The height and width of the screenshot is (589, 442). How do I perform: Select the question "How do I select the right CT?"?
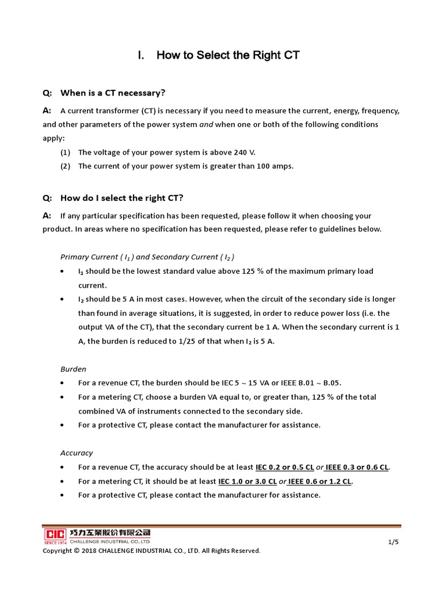coord(121,198)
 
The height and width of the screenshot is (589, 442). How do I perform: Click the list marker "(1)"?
coord(65,152)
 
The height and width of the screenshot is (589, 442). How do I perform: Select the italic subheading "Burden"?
coord(73,369)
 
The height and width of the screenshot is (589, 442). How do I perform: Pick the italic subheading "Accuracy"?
coord(77,453)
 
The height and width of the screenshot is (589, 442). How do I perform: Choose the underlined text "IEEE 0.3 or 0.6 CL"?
coord(357,467)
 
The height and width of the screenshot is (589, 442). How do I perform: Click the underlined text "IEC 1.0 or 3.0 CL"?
coord(247,481)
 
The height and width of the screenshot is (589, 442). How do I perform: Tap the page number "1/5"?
coord(394,542)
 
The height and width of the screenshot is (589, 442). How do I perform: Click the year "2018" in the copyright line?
coord(89,551)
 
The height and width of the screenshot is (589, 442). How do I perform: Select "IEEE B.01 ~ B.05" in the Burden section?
coord(317,383)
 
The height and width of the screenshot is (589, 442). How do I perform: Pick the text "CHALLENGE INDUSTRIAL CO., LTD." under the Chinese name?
coord(109,541)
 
